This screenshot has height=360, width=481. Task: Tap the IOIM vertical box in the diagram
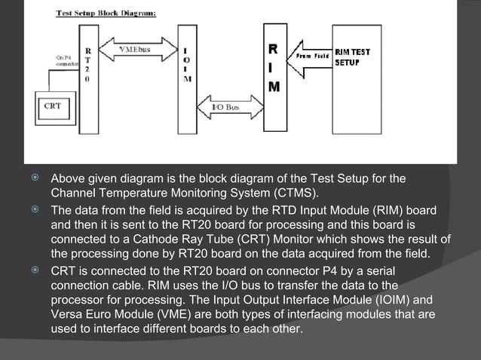[186, 75]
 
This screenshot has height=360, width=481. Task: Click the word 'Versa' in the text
[67, 314]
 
